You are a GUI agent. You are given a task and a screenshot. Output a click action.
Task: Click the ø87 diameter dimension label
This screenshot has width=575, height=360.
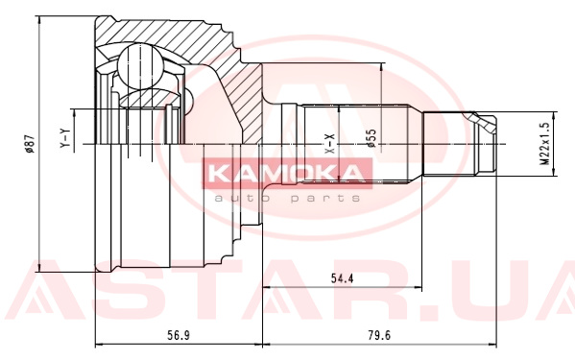[29, 143]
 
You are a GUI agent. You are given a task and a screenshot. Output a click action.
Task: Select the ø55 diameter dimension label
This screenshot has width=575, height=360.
[371, 138]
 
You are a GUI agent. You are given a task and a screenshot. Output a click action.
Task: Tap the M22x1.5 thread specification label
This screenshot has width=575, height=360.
[544, 144]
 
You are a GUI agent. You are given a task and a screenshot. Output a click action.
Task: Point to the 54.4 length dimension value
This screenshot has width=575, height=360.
[342, 278]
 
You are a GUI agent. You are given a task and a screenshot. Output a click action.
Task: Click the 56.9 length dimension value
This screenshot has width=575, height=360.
[179, 335]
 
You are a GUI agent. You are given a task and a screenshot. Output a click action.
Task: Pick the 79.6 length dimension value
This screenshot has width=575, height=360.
[379, 335]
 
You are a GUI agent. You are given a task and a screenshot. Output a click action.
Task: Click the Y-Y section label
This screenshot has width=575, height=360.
[64, 138]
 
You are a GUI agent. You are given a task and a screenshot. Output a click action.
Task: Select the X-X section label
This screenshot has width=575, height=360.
[330, 144]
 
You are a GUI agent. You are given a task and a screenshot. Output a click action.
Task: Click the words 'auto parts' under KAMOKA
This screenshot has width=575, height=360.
[287, 199]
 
